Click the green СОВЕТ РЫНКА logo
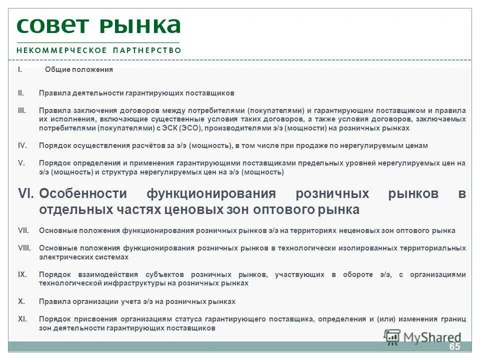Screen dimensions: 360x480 point(98,25)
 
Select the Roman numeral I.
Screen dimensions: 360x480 point(20,69)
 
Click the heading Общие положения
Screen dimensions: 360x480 point(79,69)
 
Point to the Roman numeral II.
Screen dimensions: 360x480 point(21,93)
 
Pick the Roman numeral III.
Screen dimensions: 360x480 point(22,110)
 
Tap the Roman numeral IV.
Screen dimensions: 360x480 point(22,145)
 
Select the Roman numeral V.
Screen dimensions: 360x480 point(21,163)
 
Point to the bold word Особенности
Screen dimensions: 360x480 point(82,193)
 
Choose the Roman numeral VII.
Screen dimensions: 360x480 point(23,230)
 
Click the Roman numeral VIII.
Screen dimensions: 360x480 point(24,248)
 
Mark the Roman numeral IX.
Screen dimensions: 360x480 point(22,274)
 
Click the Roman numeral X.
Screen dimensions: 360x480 point(21,301)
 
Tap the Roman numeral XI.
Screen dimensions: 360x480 point(22,319)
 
